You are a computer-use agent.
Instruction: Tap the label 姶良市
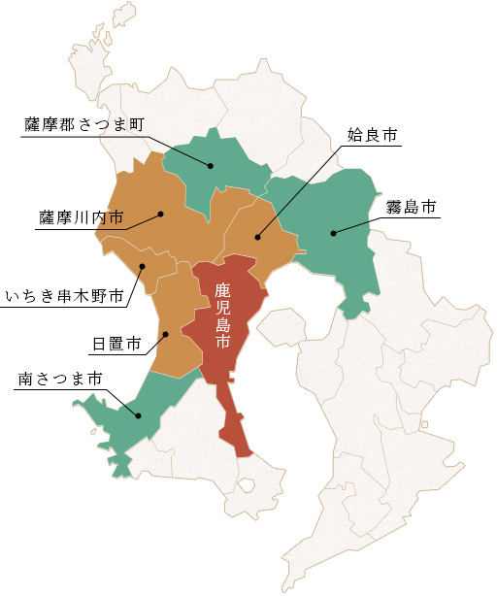(x=373, y=136)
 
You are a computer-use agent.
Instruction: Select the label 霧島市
(x=411, y=207)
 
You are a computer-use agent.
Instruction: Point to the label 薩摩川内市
(x=82, y=215)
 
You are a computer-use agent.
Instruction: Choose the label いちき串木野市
(x=65, y=295)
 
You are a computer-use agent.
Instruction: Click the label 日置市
(x=116, y=344)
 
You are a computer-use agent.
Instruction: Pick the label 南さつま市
(x=60, y=378)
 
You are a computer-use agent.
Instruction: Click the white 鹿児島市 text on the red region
(x=222, y=315)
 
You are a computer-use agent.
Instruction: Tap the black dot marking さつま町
(x=210, y=166)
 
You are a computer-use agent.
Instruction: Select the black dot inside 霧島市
(x=332, y=233)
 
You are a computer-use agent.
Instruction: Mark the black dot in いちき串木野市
(x=142, y=265)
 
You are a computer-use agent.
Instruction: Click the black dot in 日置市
(x=166, y=335)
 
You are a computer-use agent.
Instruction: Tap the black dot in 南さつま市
(x=139, y=416)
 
